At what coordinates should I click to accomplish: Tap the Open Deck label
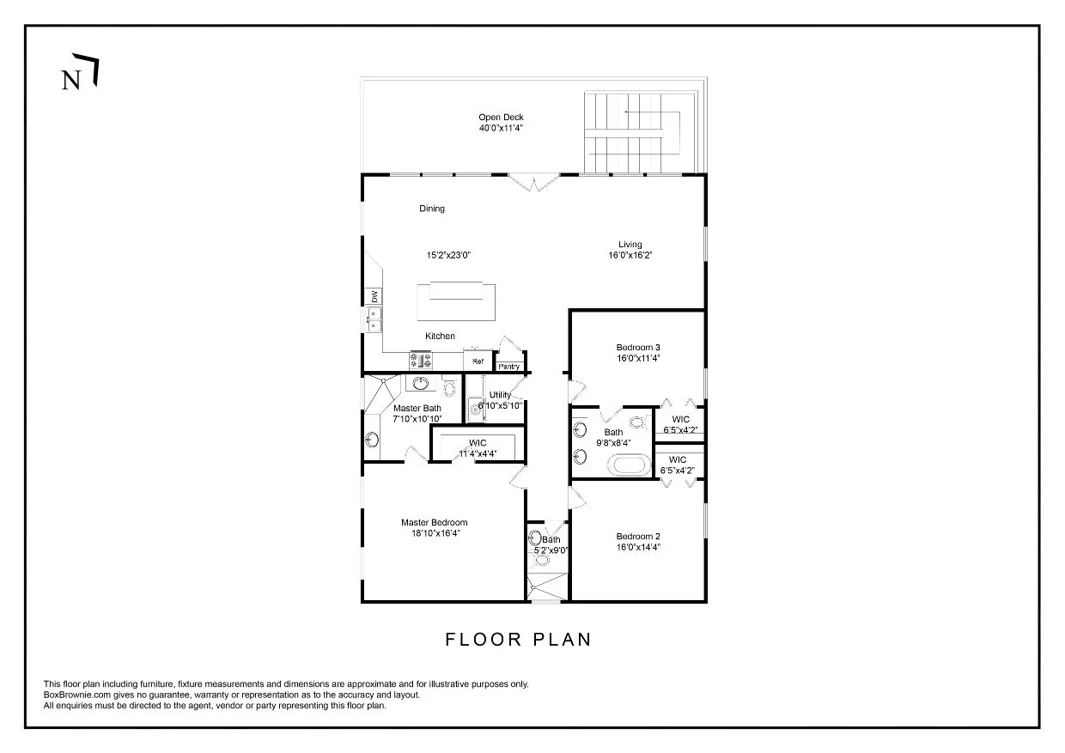click(501, 118)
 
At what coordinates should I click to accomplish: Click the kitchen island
click(456, 301)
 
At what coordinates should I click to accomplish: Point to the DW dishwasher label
click(374, 296)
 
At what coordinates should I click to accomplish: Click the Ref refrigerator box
click(478, 361)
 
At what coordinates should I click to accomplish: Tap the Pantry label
click(509, 367)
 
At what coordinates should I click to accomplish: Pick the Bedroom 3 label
click(637, 347)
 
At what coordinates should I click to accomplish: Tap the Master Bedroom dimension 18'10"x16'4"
click(434, 532)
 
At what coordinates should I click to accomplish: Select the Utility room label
click(500, 395)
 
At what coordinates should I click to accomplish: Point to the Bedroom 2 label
click(637, 536)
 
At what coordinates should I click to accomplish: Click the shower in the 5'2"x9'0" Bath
click(547, 586)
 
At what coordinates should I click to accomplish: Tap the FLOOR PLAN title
click(518, 640)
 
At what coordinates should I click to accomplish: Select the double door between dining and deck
click(533, 181)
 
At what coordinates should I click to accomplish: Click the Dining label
click(432, 209)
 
